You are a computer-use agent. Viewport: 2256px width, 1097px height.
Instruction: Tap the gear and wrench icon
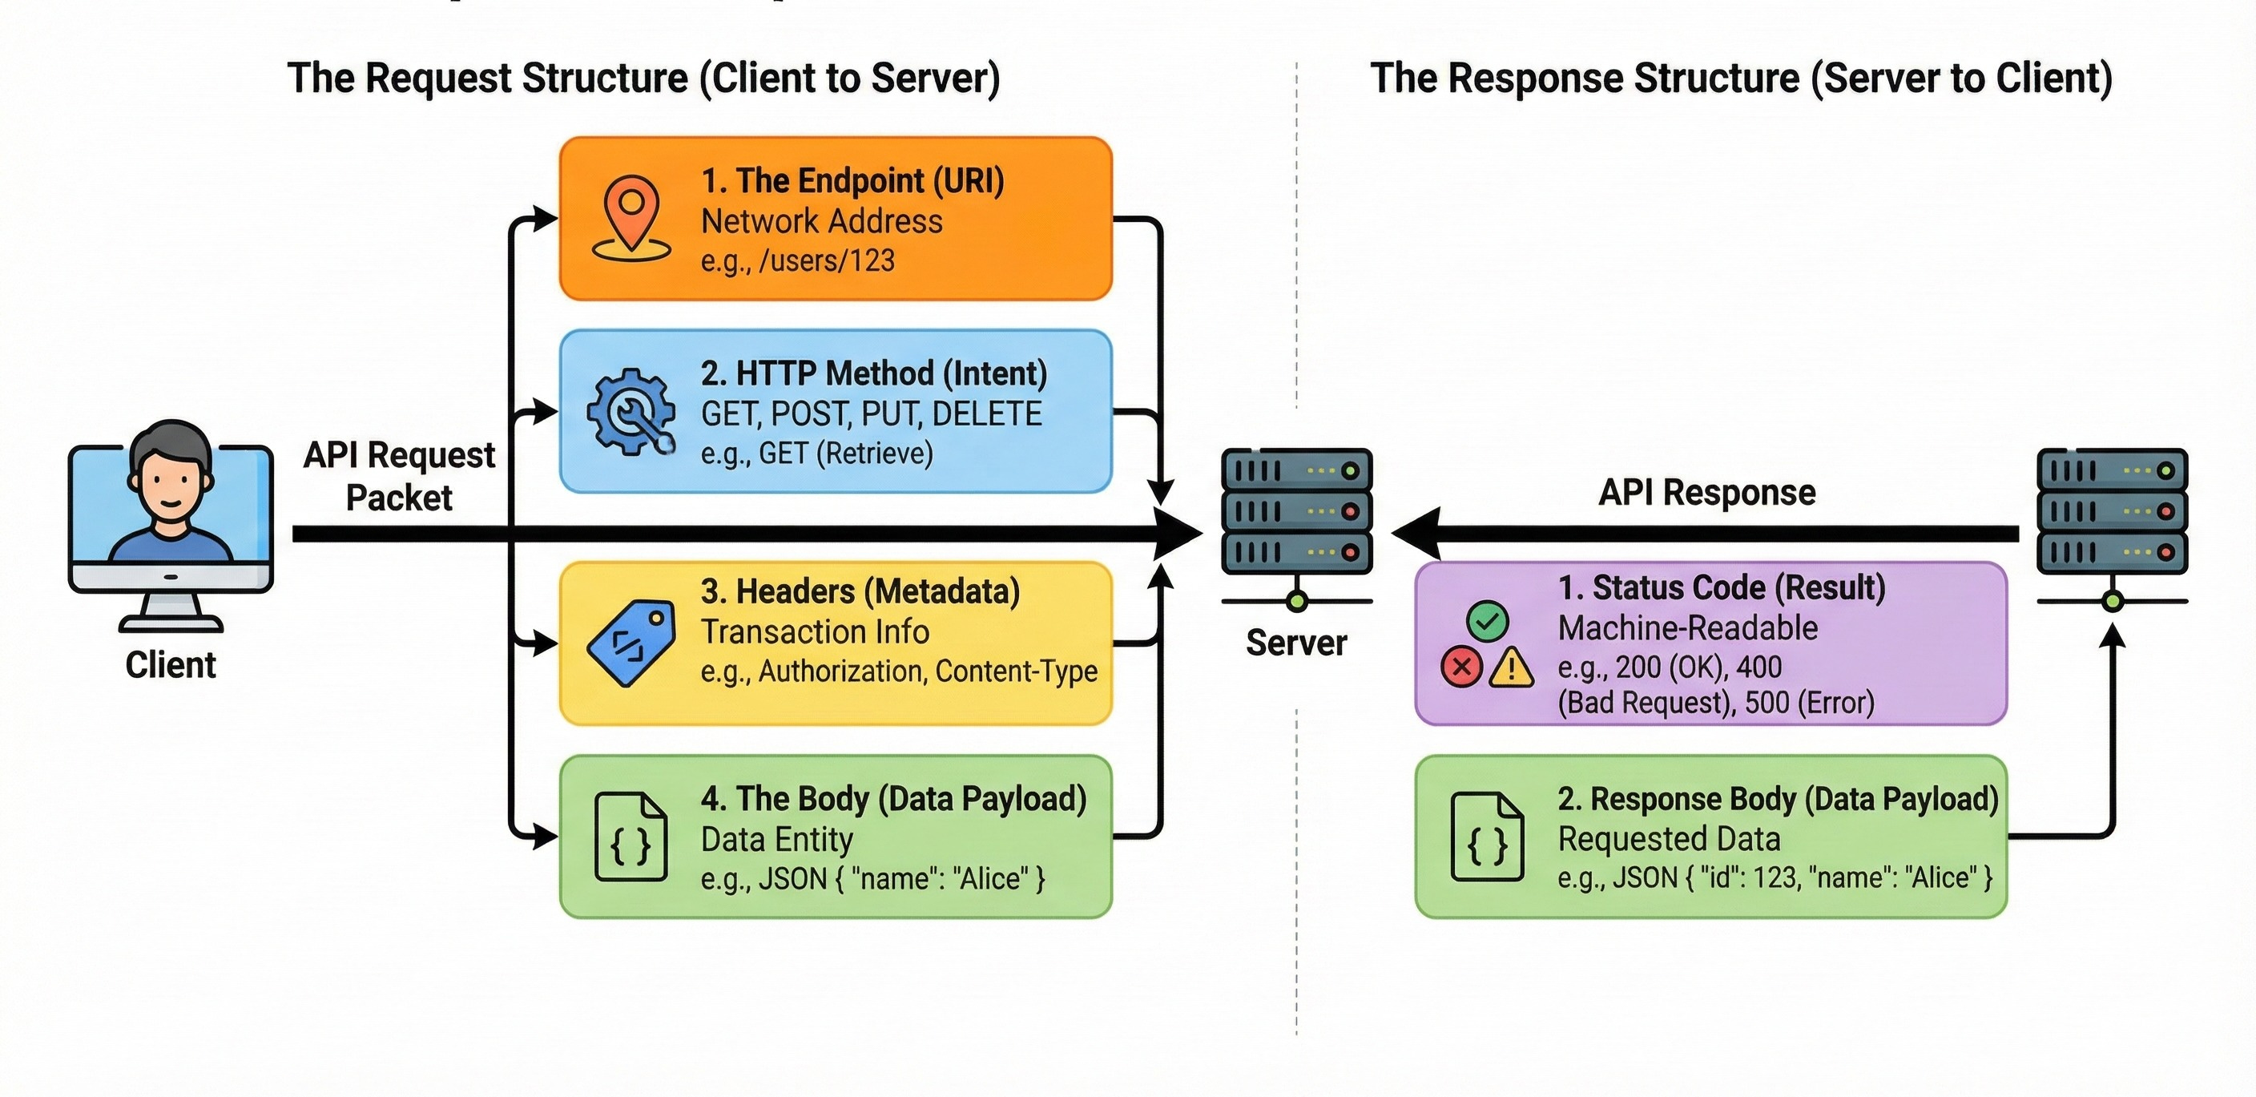[631, 411]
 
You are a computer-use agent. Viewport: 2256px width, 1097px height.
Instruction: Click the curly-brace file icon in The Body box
[630, 837]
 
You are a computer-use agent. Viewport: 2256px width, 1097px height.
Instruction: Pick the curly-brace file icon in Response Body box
[1487, 837]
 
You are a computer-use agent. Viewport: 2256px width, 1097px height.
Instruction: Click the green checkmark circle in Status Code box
[1487, 622]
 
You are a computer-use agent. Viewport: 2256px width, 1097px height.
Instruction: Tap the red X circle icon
[1460, 667]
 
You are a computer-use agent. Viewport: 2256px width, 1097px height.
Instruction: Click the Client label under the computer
[171, 665]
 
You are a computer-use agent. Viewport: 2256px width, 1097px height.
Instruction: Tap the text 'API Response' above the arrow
[1707, 493]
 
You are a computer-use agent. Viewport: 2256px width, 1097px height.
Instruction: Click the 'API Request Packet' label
[399, 476]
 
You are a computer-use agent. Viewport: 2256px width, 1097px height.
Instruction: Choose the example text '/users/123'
[827, 261]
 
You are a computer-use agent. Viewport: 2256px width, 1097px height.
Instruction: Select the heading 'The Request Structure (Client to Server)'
[643, 78]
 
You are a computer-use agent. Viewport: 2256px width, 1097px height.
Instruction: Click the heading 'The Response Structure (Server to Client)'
[1741, 78]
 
